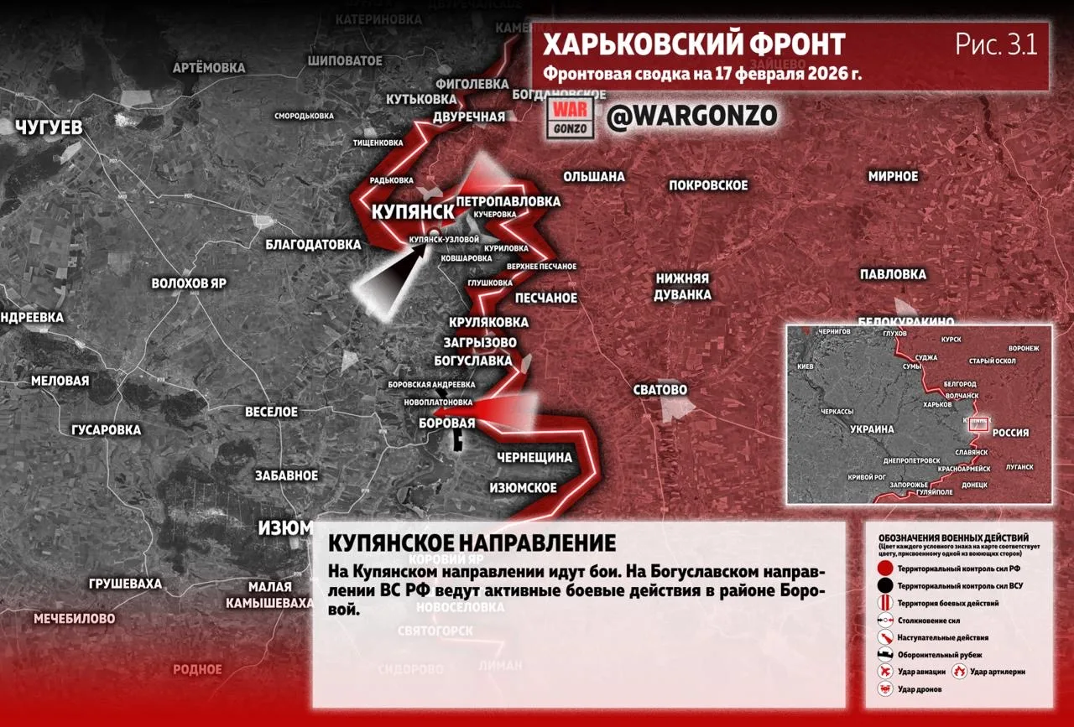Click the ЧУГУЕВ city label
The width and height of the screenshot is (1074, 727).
coord(49,128)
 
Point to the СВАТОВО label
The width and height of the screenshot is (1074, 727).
coord(661,390)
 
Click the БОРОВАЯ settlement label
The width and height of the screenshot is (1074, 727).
coord(446,423)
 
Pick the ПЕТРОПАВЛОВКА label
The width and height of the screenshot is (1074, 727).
coord(508,201)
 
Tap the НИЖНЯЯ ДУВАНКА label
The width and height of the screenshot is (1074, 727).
coord(683,287)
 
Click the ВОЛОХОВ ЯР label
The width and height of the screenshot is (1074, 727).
coord(189,283)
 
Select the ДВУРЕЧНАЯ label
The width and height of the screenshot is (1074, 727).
coord(469,117)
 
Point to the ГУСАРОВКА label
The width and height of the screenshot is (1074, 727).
coord(106,430)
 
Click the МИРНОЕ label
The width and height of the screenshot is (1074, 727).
coord(893,177)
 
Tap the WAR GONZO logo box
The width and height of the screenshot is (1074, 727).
coord(572,117)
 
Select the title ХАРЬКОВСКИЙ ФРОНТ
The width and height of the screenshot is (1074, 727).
coord(694,44)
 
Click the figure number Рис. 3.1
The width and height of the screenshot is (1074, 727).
coord(996,44)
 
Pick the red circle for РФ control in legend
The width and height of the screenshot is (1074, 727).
coord(884,569)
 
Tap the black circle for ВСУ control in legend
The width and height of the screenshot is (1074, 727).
coord(884,586)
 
